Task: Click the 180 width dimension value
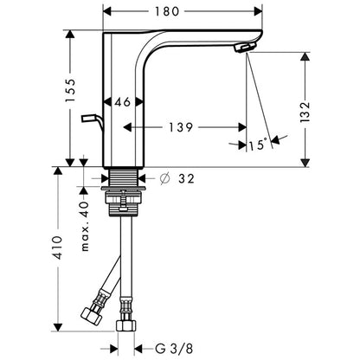(167, 11)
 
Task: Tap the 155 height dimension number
(70, 90)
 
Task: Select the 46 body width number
(123, 102)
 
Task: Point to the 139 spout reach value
(181, 127)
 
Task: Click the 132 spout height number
(305, 112)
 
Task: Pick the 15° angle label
(257, 145)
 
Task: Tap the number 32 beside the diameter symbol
(186, 179)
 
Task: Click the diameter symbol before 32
(164, 179)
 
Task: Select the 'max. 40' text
(84, 226)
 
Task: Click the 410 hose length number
(58, 247)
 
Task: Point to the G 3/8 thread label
(174, 349)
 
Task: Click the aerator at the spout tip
(245, 47)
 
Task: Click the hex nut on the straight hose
(126, 325)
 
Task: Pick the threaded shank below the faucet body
(124, 177)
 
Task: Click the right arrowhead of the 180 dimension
(258, 11)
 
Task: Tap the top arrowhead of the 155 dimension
(70, 34)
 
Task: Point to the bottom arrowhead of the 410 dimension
(58, 327)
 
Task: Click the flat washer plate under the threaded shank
(124, 189)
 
